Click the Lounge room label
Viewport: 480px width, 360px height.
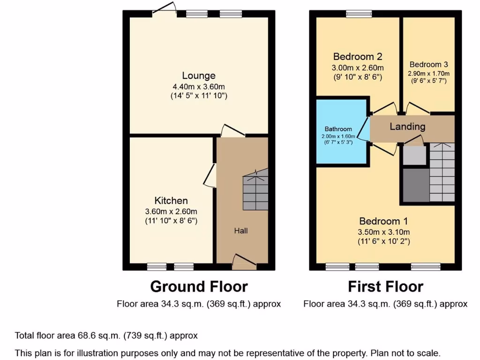[x=199, y=75]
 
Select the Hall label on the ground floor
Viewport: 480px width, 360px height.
[x=241, y=231]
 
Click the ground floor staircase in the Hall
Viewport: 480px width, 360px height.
[x=255, y=189]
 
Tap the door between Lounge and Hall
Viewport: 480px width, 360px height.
[x=232, y=131]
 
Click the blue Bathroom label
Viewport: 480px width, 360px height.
[x=338, y=129]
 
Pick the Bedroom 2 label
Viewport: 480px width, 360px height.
[x=357, y=57]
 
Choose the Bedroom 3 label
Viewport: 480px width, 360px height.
[x=429, y=65]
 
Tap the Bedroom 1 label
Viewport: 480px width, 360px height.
[x=383, y=221]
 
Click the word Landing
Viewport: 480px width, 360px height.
[x=407, y=127]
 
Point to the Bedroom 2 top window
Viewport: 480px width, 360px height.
[x=359, y=14]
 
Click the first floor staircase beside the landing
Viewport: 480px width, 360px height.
[x=442, y=172]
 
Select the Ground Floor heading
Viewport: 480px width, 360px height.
[x=199, y=286]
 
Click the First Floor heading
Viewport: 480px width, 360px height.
[x=385, y=286]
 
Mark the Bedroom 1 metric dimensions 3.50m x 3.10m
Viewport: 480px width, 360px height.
[x=383, y=232]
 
